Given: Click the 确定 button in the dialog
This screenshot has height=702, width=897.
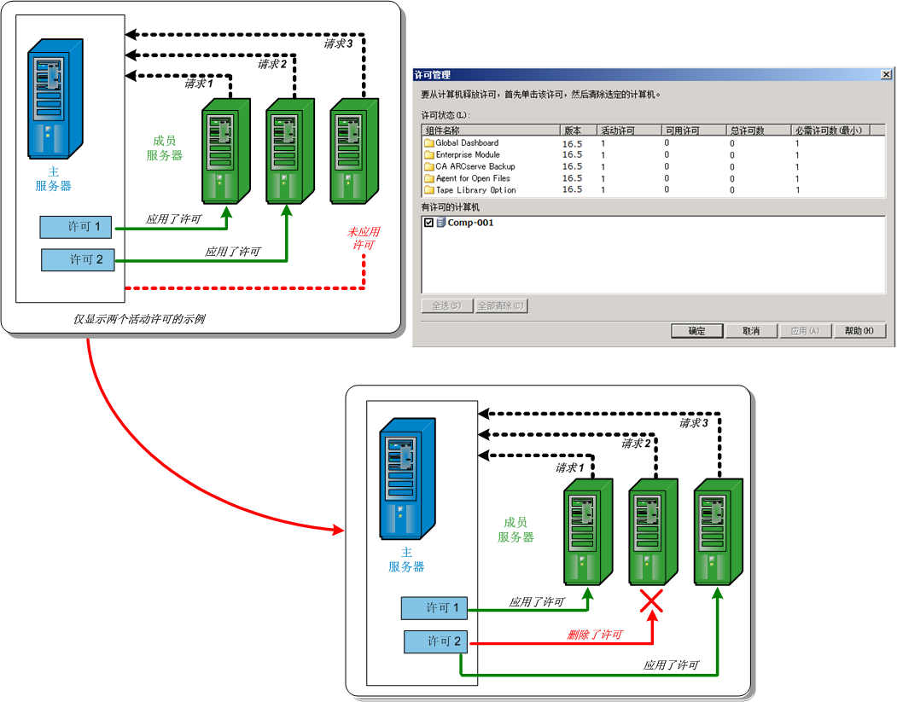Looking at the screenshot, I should pos(697,331).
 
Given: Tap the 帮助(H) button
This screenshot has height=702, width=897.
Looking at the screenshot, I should pos(859,331).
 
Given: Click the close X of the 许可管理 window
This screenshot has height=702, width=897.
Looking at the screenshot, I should pos(887,75).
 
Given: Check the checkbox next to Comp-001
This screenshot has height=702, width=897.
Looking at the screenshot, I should pos(428,223).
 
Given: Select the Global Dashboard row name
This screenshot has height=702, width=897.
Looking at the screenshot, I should pos(467,143).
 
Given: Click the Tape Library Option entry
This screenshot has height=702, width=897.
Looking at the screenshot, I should pos(475,190).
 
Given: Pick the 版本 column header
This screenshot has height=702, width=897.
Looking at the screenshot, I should pos(573,131).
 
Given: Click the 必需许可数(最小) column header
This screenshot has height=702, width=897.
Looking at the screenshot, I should pos(829,131).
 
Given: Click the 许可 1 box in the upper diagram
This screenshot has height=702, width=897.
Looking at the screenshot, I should pos(77,227).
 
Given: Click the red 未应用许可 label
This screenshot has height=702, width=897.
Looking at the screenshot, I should pos(364,238).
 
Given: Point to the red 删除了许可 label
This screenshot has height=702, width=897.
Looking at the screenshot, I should pos(595,635).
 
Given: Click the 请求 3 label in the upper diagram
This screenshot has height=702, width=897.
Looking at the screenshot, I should pos(339,44).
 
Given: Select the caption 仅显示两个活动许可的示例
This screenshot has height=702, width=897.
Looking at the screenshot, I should pos(139,319).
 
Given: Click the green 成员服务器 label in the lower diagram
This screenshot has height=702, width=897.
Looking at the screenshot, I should pos(516,529).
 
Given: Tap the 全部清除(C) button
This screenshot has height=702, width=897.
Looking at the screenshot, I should pos(501,305).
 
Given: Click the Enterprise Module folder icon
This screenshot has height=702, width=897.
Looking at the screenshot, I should pos(429,155).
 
